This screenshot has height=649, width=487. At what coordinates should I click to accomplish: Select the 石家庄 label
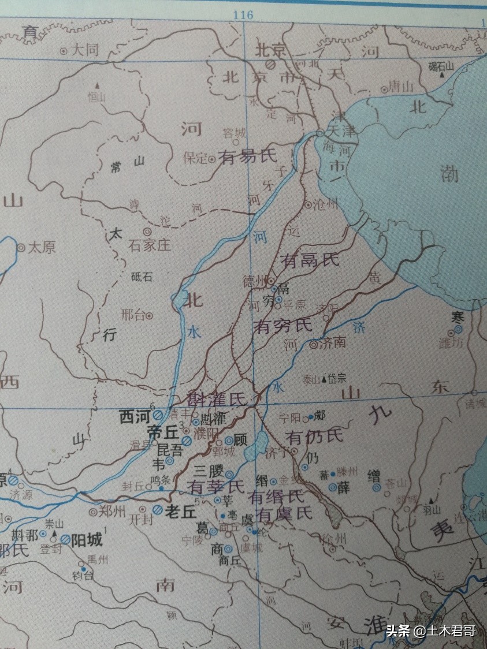(150, 245)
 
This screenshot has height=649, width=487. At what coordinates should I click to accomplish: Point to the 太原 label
(42, 248)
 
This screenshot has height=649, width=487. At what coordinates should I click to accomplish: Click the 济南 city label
(332, 342)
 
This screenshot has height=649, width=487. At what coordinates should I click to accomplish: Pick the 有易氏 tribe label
(247, 156)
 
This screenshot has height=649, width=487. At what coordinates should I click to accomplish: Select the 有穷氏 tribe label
(283, 326)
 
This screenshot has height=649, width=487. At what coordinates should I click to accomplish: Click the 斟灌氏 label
(217, 398)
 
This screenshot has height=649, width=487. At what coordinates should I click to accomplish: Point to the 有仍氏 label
(314, 436)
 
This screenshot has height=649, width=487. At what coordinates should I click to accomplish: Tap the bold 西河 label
(134, 416)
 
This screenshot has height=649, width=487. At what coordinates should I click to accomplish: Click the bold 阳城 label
(87, 540)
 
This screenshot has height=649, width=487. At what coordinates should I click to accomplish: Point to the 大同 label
(85, 50)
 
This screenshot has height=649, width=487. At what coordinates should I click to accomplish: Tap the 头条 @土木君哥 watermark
(431, 631)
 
